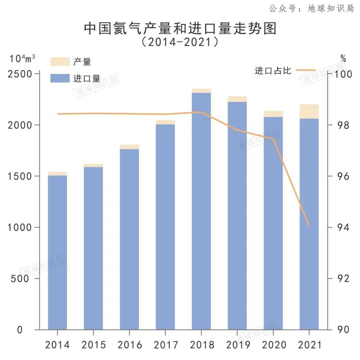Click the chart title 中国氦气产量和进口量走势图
(180, 29)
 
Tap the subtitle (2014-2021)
(180, 42)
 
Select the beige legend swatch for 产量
(60, 62)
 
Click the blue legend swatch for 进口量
(60, 78)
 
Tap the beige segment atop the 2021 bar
(309, 112)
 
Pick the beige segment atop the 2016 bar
(129, 147)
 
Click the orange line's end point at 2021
(309, 225)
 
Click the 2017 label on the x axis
(165, 345)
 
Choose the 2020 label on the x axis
(273, 345)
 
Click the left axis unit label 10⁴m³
(22, 59)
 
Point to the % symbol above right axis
(343, 59)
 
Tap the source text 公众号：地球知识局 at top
(311, 8)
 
